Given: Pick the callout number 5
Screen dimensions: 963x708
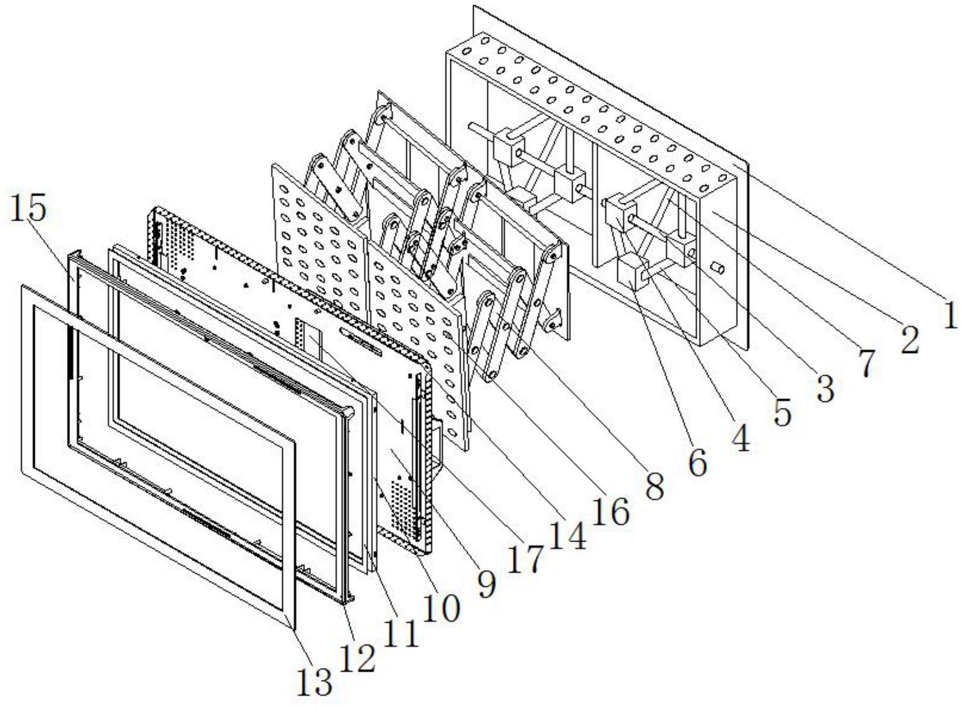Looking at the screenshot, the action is [x=783, y=412].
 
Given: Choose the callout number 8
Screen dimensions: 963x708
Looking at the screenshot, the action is [x=655, y=487].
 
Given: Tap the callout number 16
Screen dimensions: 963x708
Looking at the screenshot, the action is [x=611, y=511].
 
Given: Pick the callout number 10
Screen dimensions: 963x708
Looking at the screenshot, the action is [x=443, y=608].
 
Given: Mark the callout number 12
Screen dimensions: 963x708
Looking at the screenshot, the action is [x=358, y=658].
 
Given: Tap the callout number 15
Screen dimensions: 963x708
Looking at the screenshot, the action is [x=27, y=209].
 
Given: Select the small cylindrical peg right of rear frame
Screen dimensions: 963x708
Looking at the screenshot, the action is [x=718, y=268].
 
